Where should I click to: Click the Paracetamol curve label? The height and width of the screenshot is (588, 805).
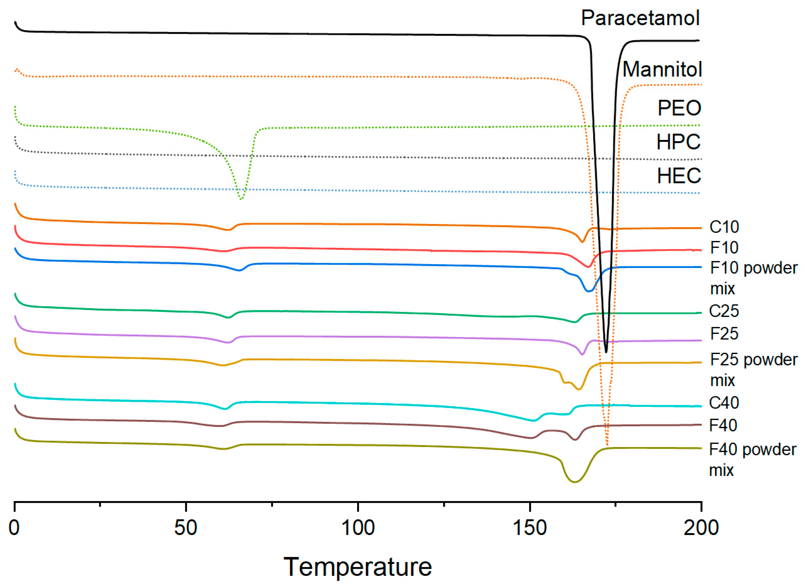click(640, 18)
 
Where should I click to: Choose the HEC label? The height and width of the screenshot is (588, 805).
click(679, 176)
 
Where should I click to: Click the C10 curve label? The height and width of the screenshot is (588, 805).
click(724, 227)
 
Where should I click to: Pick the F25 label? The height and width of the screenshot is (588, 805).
click(724, 334)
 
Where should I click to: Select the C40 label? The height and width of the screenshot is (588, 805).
click(723, 402)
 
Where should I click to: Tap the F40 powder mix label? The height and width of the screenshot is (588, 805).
click(752, 459)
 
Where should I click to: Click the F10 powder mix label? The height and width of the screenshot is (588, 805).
click(753, 278)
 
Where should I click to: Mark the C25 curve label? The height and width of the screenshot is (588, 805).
click(723, 311)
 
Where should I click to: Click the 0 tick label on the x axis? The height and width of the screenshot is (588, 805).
click(14, 527)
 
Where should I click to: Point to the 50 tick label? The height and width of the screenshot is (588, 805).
click(186, 527)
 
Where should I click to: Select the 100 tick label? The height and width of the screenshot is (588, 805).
click(357, 527)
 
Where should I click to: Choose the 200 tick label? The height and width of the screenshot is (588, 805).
click(701, 527)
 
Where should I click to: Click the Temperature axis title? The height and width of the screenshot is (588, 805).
click(357, 567)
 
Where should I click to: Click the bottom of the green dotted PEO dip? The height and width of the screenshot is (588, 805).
click(241, 199)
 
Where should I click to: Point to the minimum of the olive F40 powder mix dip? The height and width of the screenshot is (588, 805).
click(574, 482)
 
